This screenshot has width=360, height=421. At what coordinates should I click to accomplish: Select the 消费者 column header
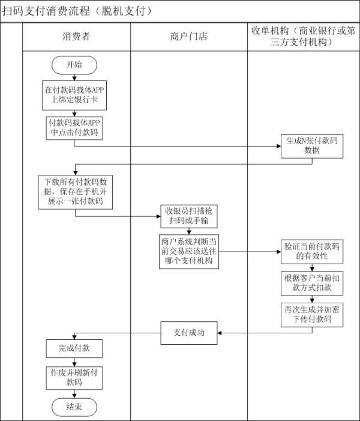coord(76,37)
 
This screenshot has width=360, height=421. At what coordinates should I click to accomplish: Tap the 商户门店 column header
coord(189,37)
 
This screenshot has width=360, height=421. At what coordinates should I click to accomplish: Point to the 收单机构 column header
coord(304,37)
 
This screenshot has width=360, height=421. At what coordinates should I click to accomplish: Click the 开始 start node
coord(74,65)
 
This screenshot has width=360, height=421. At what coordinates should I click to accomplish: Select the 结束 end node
coord(74,407)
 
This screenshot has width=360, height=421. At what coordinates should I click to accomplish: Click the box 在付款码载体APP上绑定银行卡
coord(74,95)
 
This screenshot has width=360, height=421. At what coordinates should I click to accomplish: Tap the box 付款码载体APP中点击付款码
coord(74,127)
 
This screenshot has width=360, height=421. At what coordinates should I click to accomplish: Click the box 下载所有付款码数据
coord(74,191)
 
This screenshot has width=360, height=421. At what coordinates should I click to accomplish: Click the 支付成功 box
coord(189,333)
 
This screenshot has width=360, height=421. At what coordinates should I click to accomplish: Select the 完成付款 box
coord(74,348)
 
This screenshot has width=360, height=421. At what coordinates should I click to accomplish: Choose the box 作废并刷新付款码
coord(74,377)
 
